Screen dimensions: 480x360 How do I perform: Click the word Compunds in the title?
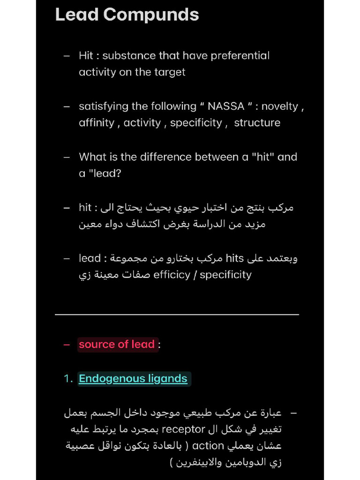(151, 15)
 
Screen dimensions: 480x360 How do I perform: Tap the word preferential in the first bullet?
(240, 56)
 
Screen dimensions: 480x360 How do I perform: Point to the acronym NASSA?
(226, 106)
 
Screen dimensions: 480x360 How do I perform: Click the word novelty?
(280, 106)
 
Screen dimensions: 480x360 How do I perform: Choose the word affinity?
(96, 123)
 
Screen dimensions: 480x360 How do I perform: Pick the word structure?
(257, 123)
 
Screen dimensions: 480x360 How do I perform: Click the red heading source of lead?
(117, 345)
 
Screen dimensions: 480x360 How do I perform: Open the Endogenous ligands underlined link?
(133, 379)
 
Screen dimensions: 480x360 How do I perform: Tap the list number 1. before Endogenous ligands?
(68, 379)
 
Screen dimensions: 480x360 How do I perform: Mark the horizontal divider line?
(177, 315)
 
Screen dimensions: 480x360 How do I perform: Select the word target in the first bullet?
(168, 72)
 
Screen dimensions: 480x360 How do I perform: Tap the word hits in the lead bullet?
(235, 258)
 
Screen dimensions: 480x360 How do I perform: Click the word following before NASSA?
(170, 106)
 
